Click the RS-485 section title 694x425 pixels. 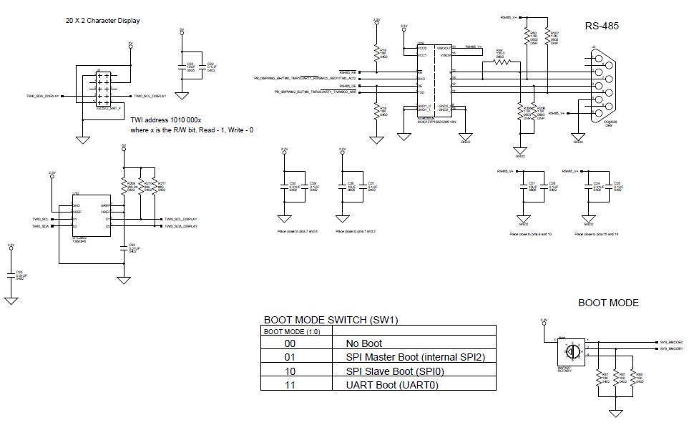601,26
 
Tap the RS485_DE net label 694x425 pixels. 348,85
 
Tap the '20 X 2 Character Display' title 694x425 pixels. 102,21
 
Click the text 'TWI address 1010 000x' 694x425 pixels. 166,120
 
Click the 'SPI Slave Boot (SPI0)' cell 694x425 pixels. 386,370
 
